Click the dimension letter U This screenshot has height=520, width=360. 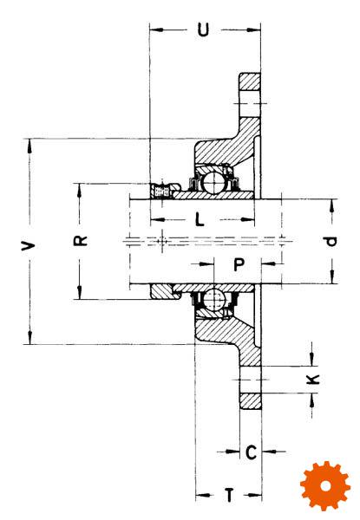click(203, 29)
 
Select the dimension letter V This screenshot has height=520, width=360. click(29, 246)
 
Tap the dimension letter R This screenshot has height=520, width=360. click(80, 241)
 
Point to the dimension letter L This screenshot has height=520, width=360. click(199, 219)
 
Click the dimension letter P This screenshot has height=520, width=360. click(239, 264)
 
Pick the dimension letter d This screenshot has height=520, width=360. click(331, 241)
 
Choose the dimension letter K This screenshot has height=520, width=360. click(312, 379)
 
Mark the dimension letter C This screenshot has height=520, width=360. click(252, 452)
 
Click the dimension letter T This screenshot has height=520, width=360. click(229, 495)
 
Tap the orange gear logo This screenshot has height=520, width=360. click(325, 485)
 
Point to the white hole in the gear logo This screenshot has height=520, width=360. click(326, 486)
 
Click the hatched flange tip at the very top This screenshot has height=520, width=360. click(250, 81)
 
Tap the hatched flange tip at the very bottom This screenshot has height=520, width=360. click(251, 401)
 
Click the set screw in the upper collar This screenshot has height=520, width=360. click(162, 191)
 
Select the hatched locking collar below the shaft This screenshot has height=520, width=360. click(164, 291)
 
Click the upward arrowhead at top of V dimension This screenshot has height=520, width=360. click(29, 146)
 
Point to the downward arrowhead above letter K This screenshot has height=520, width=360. click(312, 359)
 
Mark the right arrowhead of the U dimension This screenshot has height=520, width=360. click(254, 29)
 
